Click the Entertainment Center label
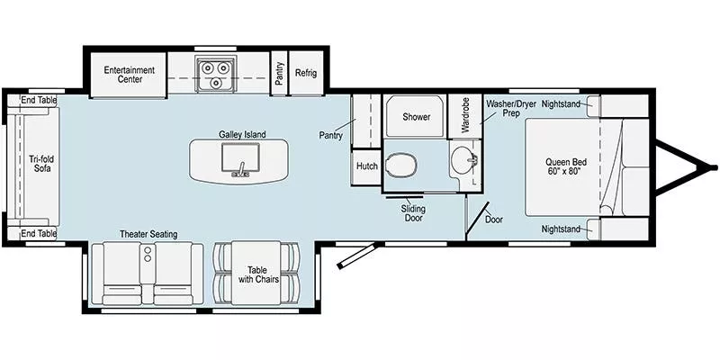click(129, 75)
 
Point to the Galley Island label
click(242, 134)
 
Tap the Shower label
click(416, 117)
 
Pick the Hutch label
click(366, 166)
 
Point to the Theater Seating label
click(148, 234)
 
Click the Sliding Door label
click(413, 213)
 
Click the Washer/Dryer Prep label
click(511, 110)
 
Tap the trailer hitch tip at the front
click(713, 167)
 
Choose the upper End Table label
click(39, 100)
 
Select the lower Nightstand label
click(561, 229)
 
